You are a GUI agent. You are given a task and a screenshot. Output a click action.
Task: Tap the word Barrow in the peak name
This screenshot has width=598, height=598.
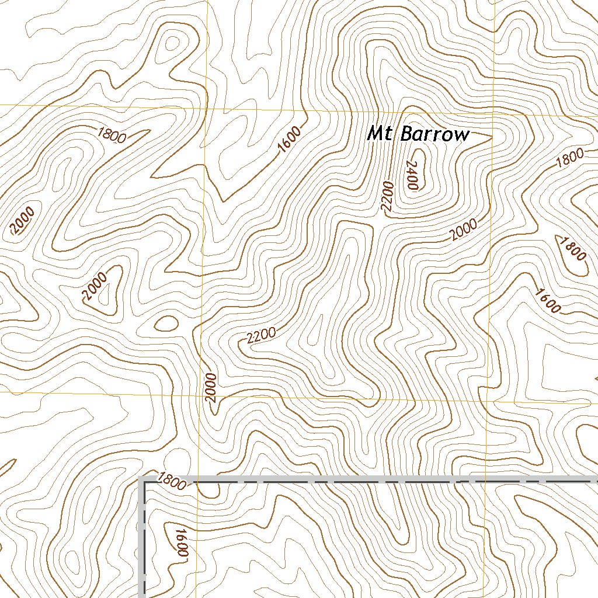(x=435, y=134)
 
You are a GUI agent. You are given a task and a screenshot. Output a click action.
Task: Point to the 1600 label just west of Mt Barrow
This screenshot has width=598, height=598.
(x=290, y=140)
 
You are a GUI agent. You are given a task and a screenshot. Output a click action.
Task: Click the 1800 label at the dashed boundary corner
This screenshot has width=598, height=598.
(x=172, y=482)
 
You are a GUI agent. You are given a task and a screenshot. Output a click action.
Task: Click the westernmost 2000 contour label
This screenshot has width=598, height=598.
(x=23, y=220)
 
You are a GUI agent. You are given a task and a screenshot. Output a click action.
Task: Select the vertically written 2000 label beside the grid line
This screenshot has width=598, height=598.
(x=211, y=388)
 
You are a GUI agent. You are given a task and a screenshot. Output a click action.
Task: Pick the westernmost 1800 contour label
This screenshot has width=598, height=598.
(x=113, y=135)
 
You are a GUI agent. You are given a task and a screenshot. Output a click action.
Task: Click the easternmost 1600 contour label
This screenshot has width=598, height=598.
(x=547, y=300)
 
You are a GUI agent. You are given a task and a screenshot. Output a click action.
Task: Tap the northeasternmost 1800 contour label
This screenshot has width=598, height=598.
(x=570, y=158)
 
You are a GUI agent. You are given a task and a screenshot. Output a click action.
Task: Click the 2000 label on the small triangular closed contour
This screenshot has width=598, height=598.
(x=95, y=287)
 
